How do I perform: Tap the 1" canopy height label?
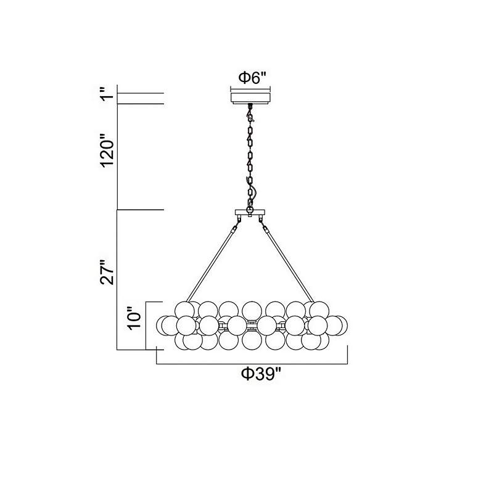click(108, 97)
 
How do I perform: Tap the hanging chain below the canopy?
click(250, 154)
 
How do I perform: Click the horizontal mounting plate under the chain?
click(250, 214)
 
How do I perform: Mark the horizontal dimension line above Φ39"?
click(252, 363)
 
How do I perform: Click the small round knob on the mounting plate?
click(250, 210)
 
